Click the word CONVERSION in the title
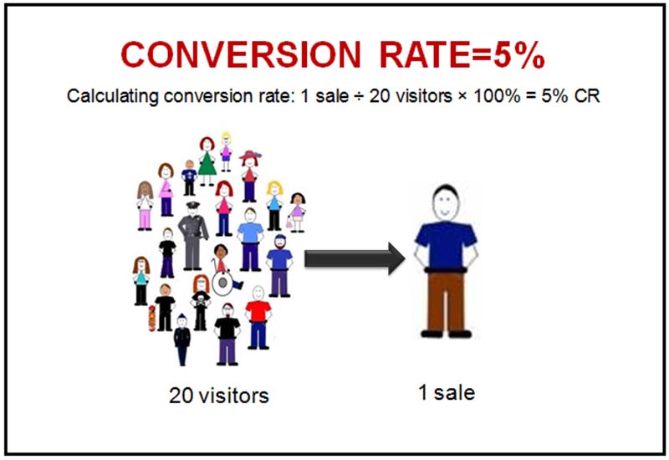tap(241, 55)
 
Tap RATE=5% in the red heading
tap(462, 55)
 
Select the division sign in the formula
tap(359, 96)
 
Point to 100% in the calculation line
tap(497, 96)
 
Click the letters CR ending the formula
tap(587, 96)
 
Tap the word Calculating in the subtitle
tap(113, 96)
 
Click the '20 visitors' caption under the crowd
tap(219, 396)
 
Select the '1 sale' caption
tap(447, 392)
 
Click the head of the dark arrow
tap(396, 258)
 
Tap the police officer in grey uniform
tap(193, 236)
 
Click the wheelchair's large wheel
tap(222, 283)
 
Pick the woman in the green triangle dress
tap(207, 161)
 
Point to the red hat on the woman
tap(250, 156)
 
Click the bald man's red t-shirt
tap(258, 311)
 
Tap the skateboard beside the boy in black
tap(151, 319)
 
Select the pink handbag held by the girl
tap(289, 222)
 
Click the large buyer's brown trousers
tap(446, 302)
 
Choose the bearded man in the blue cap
tap(279, 265)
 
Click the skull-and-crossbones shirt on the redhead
tap(201, 298)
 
